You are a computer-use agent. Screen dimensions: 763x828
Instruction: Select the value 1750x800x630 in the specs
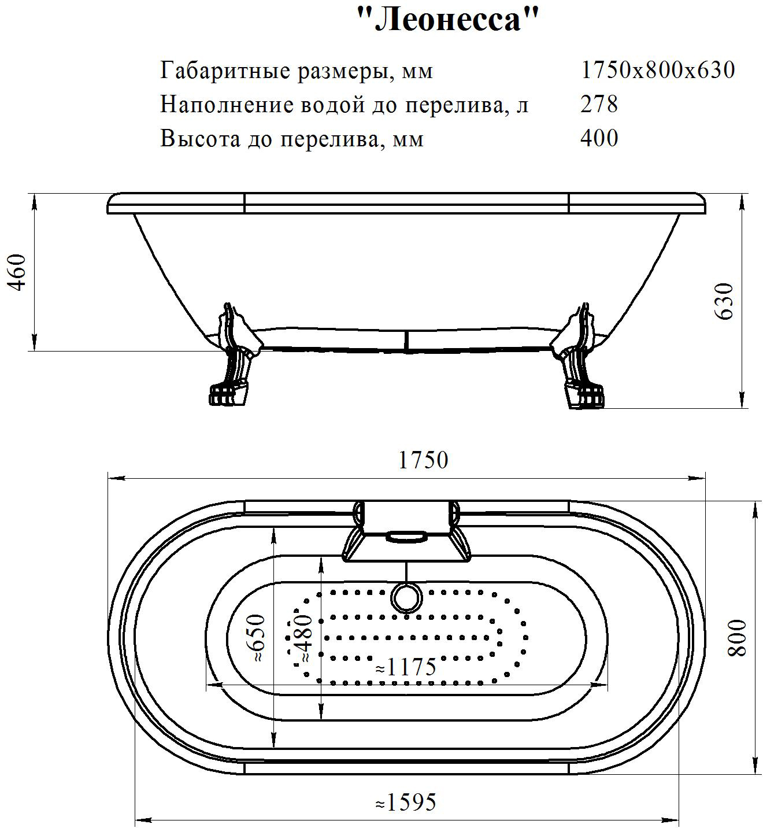[x=658, y=69]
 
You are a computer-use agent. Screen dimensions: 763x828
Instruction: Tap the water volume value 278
[x=599, y=104]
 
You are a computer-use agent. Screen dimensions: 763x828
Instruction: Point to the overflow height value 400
[x=599, y=138]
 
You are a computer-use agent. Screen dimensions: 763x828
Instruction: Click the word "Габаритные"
[x=225, y=71]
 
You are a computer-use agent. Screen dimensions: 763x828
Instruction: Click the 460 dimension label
[x=17, y=272]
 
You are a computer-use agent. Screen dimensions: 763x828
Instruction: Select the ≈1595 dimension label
[x=406, y=801]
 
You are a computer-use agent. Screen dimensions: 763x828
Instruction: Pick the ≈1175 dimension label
[x=406, y=667]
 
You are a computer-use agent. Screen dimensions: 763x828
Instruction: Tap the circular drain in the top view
[x=406, y=598]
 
